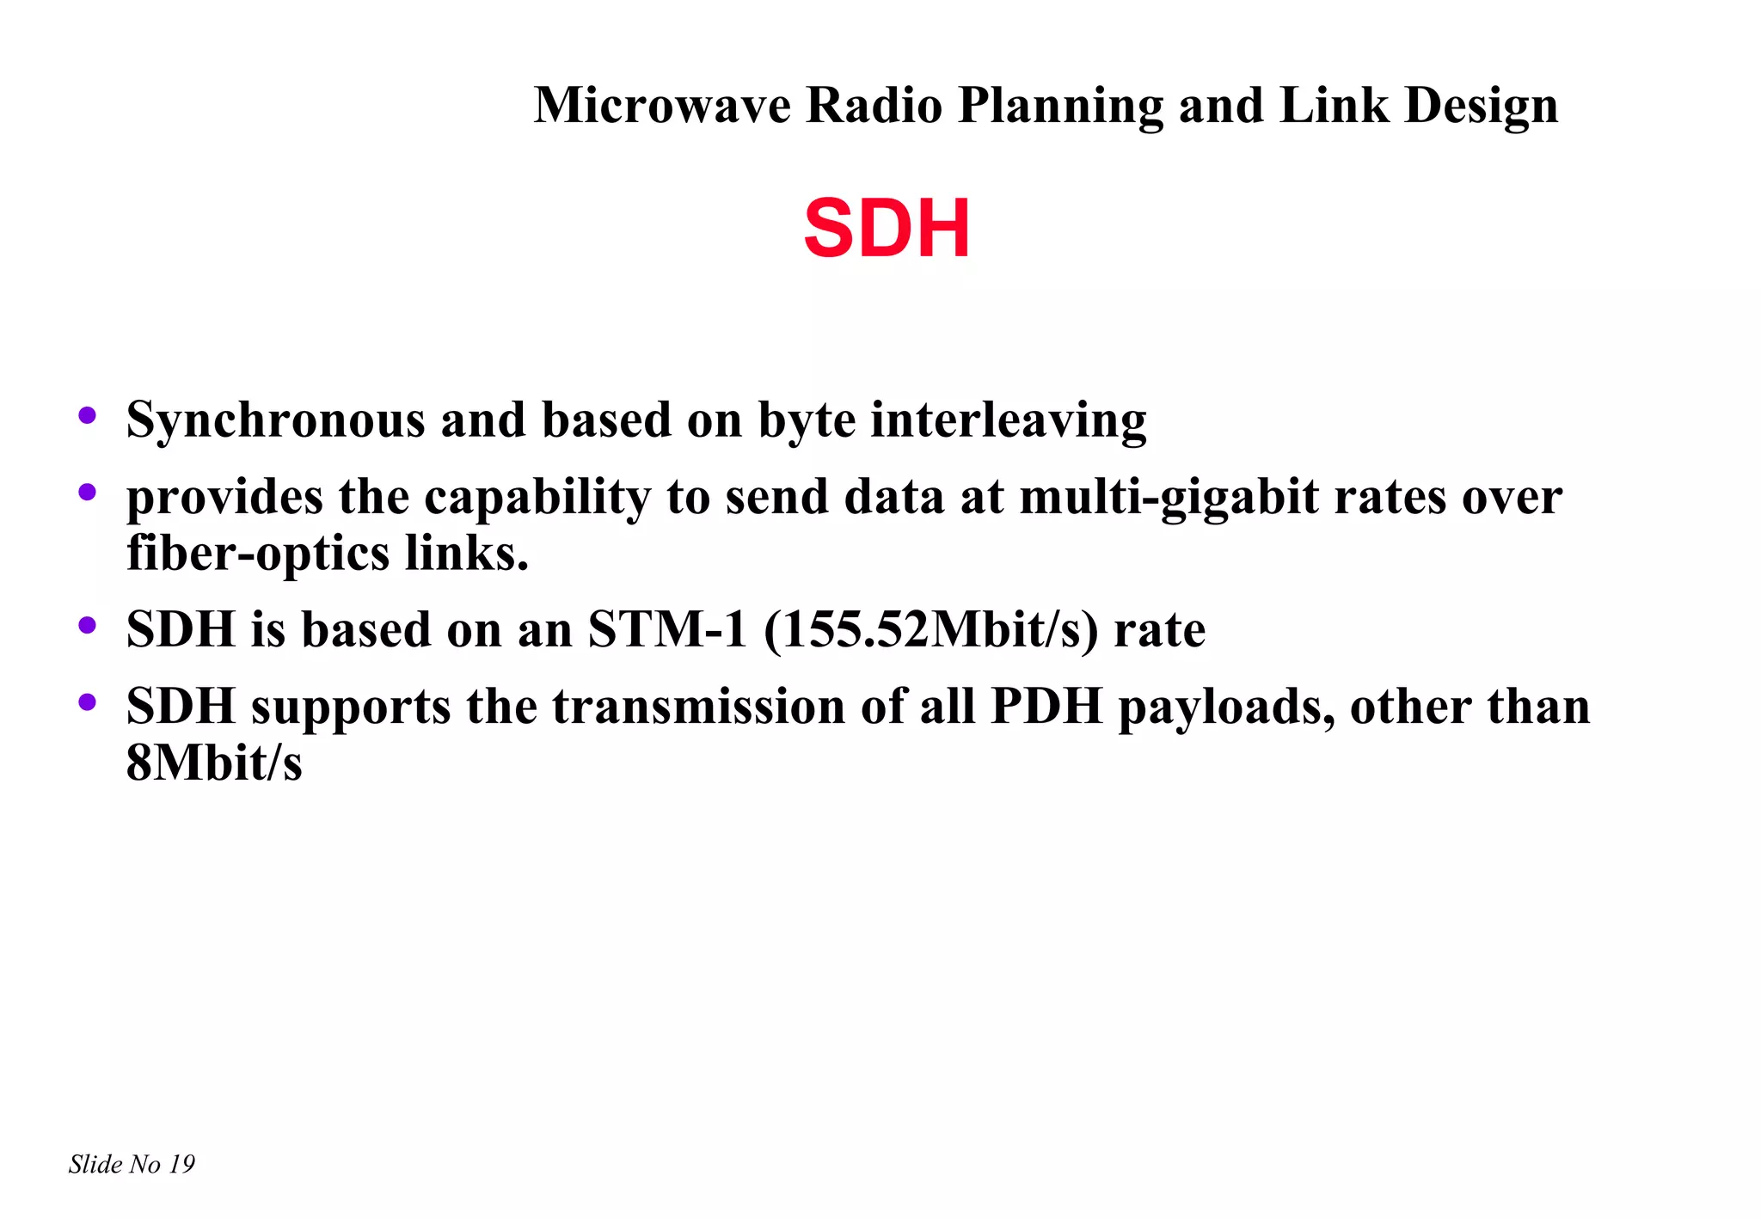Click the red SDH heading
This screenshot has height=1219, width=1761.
point(887,229)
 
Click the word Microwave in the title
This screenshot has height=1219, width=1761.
point(662,106)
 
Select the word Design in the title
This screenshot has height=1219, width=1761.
point(1481,106)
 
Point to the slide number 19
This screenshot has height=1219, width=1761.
point(181,1164)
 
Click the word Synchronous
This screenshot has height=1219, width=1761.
point(275,420)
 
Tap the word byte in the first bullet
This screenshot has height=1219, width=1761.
point(807,420)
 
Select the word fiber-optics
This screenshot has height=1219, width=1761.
point(258,553)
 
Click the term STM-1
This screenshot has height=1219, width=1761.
point(667,629)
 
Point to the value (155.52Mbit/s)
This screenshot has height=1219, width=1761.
point(930,629)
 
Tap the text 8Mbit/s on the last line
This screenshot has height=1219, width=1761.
point(214,763)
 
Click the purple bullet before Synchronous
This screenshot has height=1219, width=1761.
point(87,416)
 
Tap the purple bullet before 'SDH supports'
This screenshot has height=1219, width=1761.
point(87,702)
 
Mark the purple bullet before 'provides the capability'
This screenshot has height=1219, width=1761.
point(87,493)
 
